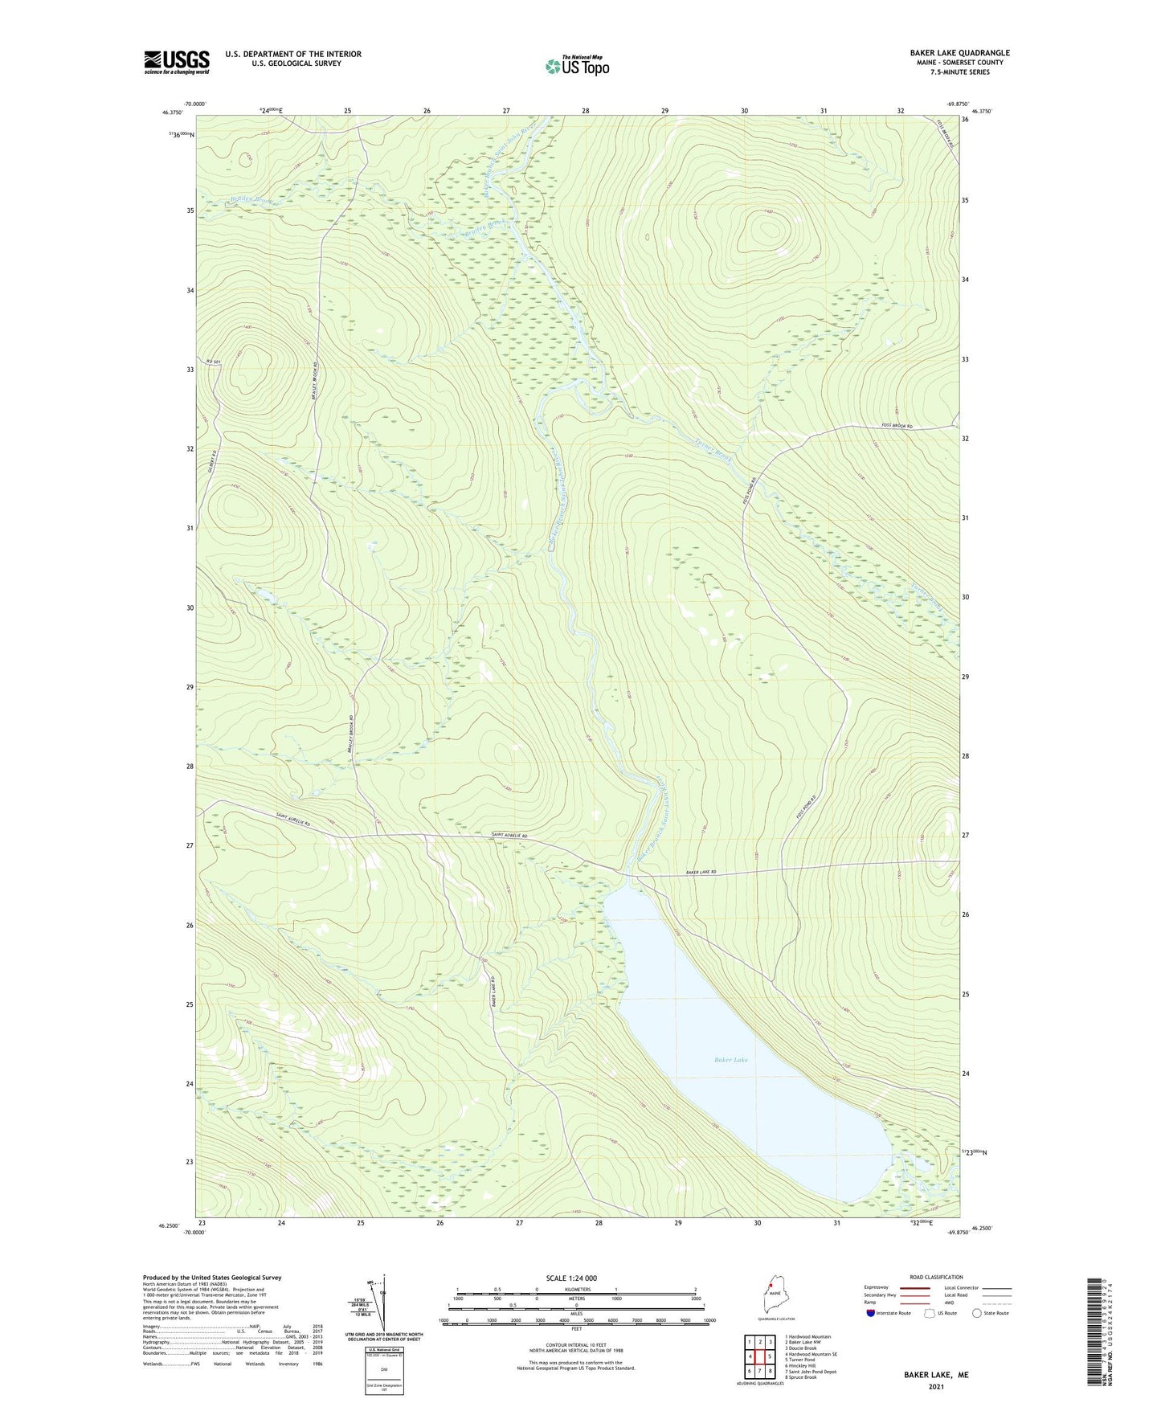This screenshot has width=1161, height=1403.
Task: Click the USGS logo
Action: pyautogui.click(x=176, y=62)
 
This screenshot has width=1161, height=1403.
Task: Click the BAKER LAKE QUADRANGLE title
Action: pyautogui.click(x=948, y=53)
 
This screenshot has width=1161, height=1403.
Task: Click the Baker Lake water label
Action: pyautogui.click(x=731, y=1060)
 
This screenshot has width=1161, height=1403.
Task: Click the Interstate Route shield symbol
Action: pyautogui.click(x=872, y=1313)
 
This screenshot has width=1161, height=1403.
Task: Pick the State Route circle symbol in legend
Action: pyautogui.click(x=977, y=1313)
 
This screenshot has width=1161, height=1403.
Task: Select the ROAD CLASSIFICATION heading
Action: pyautogui.click(x=935, y=1277)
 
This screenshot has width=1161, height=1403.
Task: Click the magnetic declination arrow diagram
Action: pyautogui.click(x=382, y=1305)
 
